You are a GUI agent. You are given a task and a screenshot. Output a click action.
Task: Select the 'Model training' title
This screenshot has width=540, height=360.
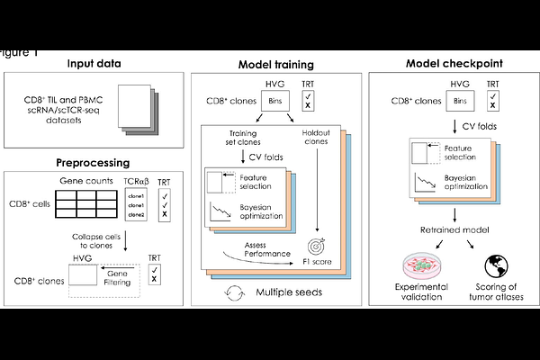tap(275, 65)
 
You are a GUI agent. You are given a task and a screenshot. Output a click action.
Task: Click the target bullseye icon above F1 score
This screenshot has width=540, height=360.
tap(316, 243)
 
